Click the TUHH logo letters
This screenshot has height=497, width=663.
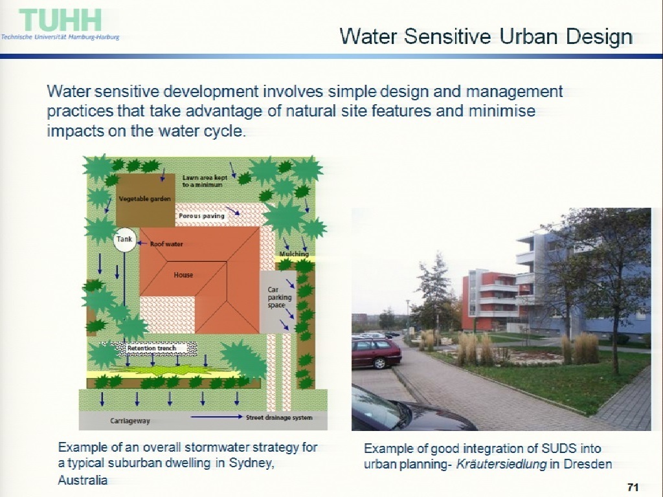click(60, 20)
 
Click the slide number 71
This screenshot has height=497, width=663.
click(633, 487)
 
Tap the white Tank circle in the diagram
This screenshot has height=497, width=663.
click(125, 239)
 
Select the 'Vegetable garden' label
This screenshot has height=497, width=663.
click(144, 199)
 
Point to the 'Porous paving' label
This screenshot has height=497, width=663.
click(201, 216)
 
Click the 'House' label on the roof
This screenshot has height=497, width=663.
click(183, 275)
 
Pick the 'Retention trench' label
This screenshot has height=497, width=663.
click(152, 348)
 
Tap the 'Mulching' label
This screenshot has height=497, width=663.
click(294, 254)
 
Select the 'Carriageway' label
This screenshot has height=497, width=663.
click(130, 421)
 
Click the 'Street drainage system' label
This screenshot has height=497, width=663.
click(279, 417)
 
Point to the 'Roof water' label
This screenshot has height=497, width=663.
click(166, 244)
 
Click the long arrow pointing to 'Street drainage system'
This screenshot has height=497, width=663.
click(217, 417)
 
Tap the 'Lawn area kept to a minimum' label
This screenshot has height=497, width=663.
click(205, 181)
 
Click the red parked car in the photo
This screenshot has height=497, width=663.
click(376, 353)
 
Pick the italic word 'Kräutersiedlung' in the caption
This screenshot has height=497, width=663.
click(501, 464)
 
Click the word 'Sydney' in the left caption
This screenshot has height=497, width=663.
click(252, 463)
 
